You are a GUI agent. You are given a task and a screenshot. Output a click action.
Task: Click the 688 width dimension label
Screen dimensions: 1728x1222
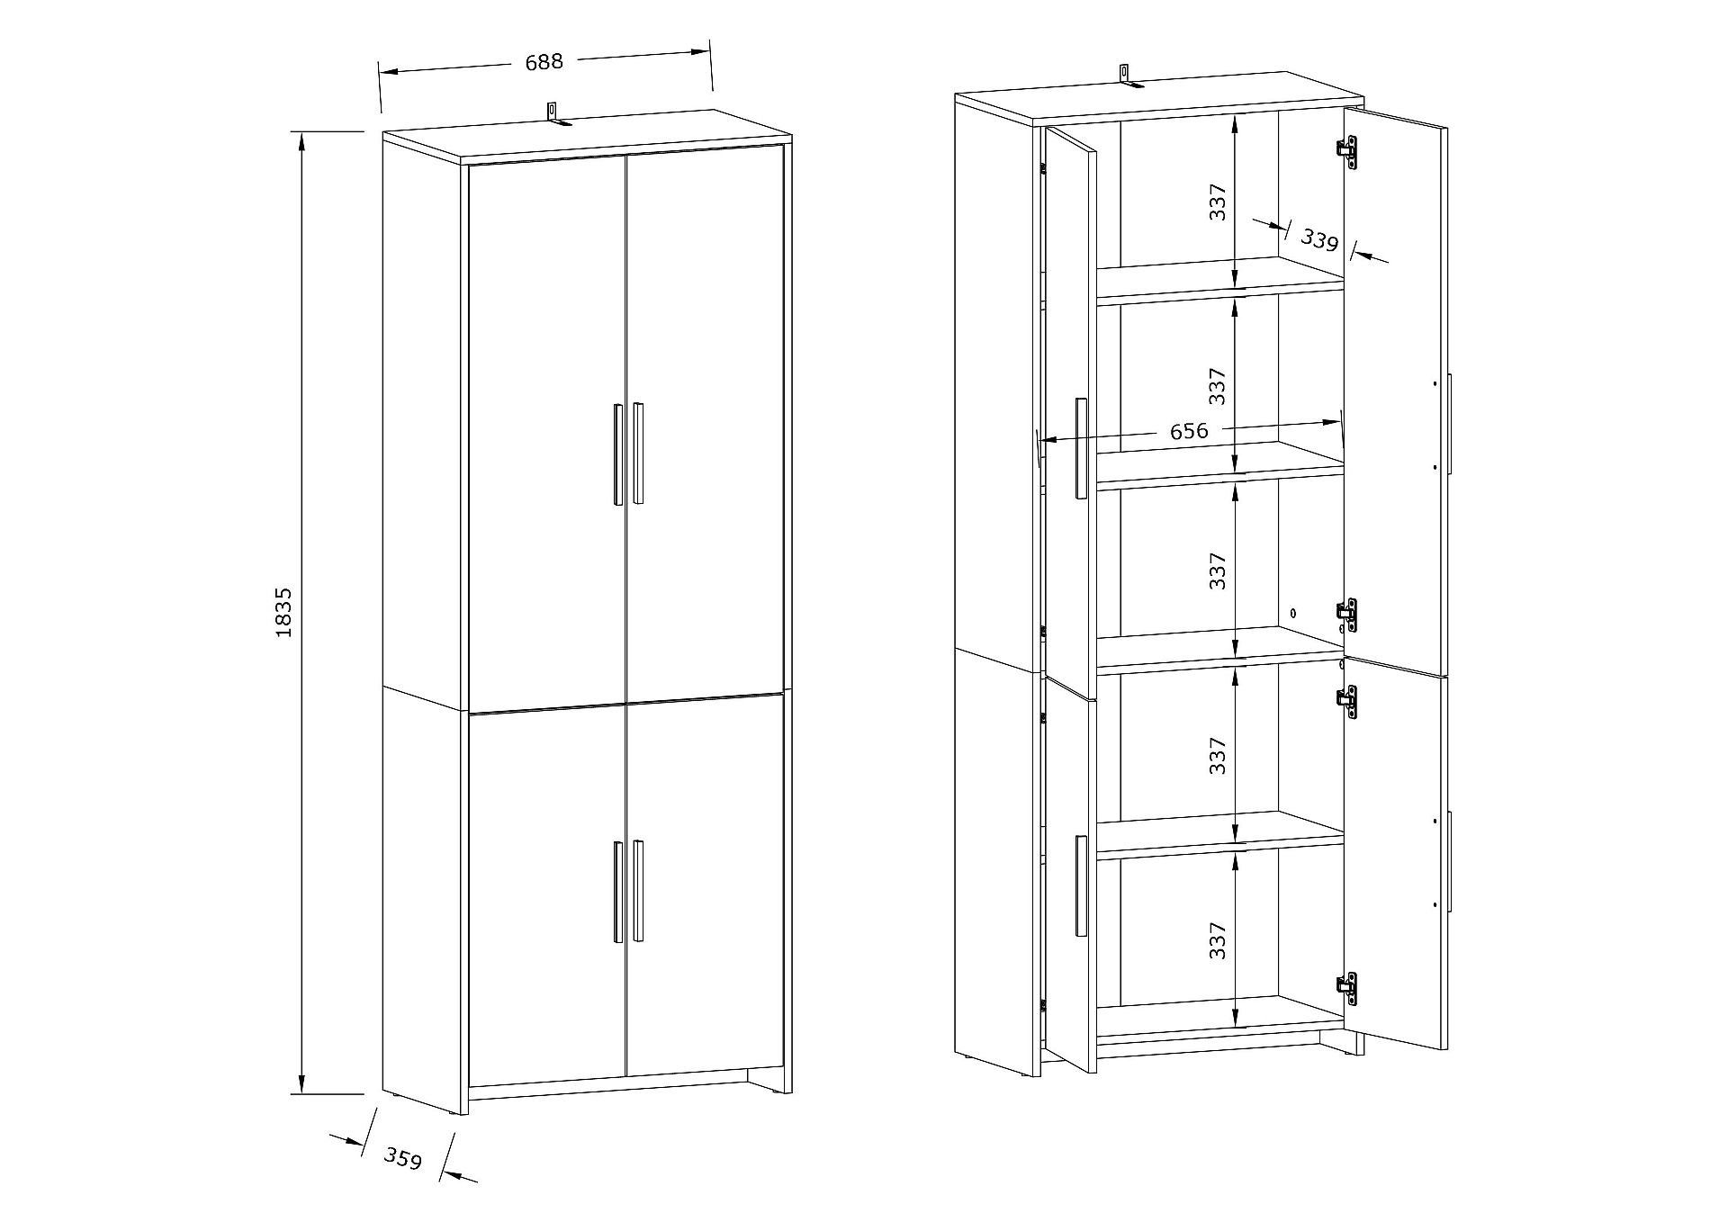[x=544, y=61]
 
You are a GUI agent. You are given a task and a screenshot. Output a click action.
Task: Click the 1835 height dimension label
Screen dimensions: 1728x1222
[x=283, y=613]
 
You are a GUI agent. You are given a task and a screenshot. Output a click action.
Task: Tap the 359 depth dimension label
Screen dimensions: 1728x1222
[x=403, y=1158]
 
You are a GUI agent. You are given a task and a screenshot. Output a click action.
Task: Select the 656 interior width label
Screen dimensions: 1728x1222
[x=1189, y=431]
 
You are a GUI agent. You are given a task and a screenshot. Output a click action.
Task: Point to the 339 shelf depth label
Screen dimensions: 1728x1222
[x=1320, y=239]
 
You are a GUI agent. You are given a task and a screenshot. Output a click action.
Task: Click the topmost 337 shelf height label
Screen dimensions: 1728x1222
[x=1218, y=202]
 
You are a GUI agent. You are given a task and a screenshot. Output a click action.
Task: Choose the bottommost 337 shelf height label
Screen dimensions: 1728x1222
[x=1218, y=940]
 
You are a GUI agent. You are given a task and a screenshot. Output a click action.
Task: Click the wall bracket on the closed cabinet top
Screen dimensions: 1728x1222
[x=554, y=114]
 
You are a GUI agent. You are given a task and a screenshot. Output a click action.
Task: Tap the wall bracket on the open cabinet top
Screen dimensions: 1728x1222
[x=1128, y=76]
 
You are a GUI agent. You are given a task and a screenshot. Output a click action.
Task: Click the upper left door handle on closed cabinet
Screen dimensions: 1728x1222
[x=618, y=454]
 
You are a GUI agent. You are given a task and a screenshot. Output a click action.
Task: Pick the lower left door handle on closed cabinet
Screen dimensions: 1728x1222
[x=618, y=892]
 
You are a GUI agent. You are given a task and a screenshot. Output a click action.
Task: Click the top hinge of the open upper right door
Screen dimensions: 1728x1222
[x=1347, y=152]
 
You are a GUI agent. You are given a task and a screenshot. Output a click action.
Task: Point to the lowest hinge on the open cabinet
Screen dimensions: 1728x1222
[x=1347, y=990]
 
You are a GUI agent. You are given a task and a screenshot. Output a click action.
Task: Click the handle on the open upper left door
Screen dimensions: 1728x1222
[x=1081, y=447]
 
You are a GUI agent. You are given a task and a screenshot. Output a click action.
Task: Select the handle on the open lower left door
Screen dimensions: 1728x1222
[x=1081, y=886]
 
